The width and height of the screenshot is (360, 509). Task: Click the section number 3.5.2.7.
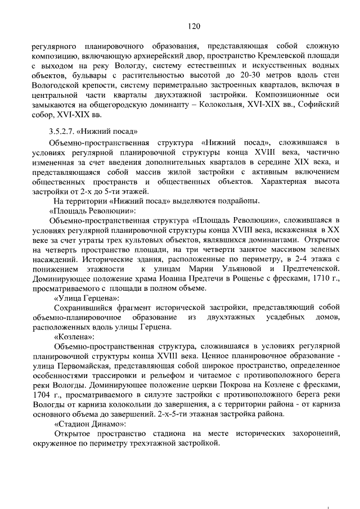(x=66, y=132)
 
